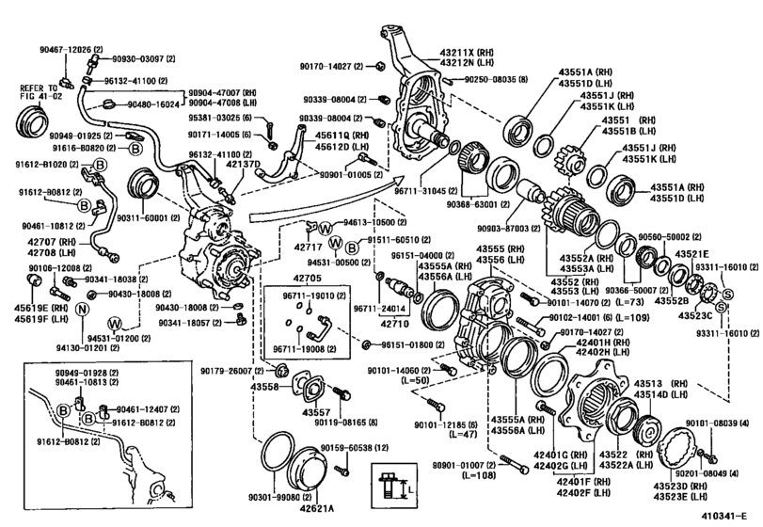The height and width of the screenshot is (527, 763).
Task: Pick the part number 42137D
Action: [243, 165]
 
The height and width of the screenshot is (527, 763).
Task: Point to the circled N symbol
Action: [83, 310]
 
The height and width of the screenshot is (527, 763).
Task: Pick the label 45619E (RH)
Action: [36, 307]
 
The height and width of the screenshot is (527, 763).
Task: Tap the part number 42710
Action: [396, 322]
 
